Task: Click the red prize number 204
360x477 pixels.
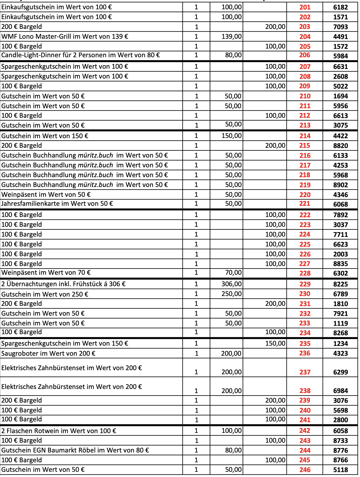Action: [305, 37]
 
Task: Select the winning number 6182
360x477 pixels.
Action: [340, 7]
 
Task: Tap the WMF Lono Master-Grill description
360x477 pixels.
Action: [65, 37]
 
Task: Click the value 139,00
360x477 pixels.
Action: [231, 37]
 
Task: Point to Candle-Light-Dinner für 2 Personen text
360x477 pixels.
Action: [81, 55]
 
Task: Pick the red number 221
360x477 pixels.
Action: [305, 204]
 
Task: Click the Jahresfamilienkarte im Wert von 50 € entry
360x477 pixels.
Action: [57, 204]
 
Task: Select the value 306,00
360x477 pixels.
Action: [231, 284]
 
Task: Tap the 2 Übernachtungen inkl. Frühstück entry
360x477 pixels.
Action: [63, 284]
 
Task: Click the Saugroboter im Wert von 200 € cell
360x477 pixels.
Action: [48, 354]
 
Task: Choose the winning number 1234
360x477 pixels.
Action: [340, 344]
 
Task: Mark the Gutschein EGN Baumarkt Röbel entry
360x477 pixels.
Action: [75, 450]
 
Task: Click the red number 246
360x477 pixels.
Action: [305, 470]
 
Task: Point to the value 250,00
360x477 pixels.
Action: [231, 294]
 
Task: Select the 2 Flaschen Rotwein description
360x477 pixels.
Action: [59, 431]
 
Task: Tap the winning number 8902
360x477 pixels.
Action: [340, 185]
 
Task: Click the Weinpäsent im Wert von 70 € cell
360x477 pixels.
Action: [46, 273]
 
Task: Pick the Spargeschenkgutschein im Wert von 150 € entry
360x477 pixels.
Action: [65, 343]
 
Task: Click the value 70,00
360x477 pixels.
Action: [233, 273]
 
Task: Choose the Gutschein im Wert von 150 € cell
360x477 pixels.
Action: [45, 136]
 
